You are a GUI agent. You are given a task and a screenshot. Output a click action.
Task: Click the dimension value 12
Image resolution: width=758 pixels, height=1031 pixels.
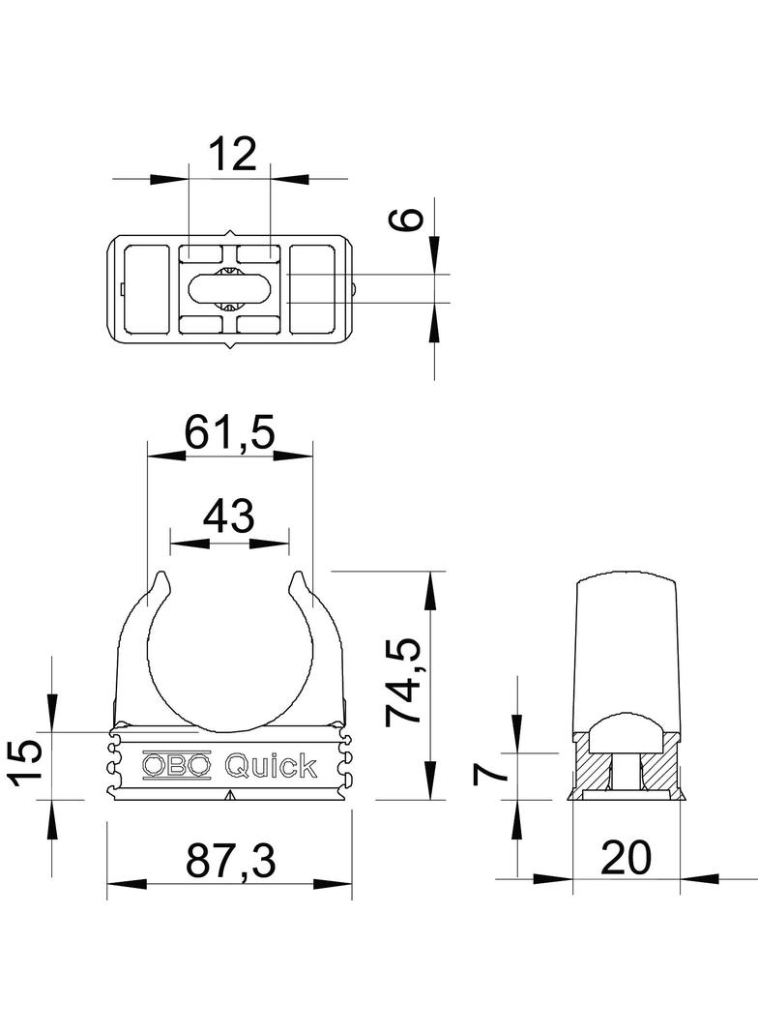click(x=232, y=154)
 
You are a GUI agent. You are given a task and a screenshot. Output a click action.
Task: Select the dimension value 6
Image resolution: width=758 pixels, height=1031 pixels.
click(x=407, y=219)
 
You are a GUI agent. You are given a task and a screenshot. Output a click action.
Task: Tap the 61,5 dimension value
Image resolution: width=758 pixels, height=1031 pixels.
click(x=228, y=432)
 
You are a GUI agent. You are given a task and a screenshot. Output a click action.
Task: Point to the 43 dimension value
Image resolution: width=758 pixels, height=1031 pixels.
click(x=228, y=515)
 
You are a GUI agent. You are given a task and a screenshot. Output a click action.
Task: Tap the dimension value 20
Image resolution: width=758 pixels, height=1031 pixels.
click(x=626, y=858)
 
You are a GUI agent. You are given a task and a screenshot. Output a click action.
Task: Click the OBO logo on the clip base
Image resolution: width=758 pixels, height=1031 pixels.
click(x=177, y=765)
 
